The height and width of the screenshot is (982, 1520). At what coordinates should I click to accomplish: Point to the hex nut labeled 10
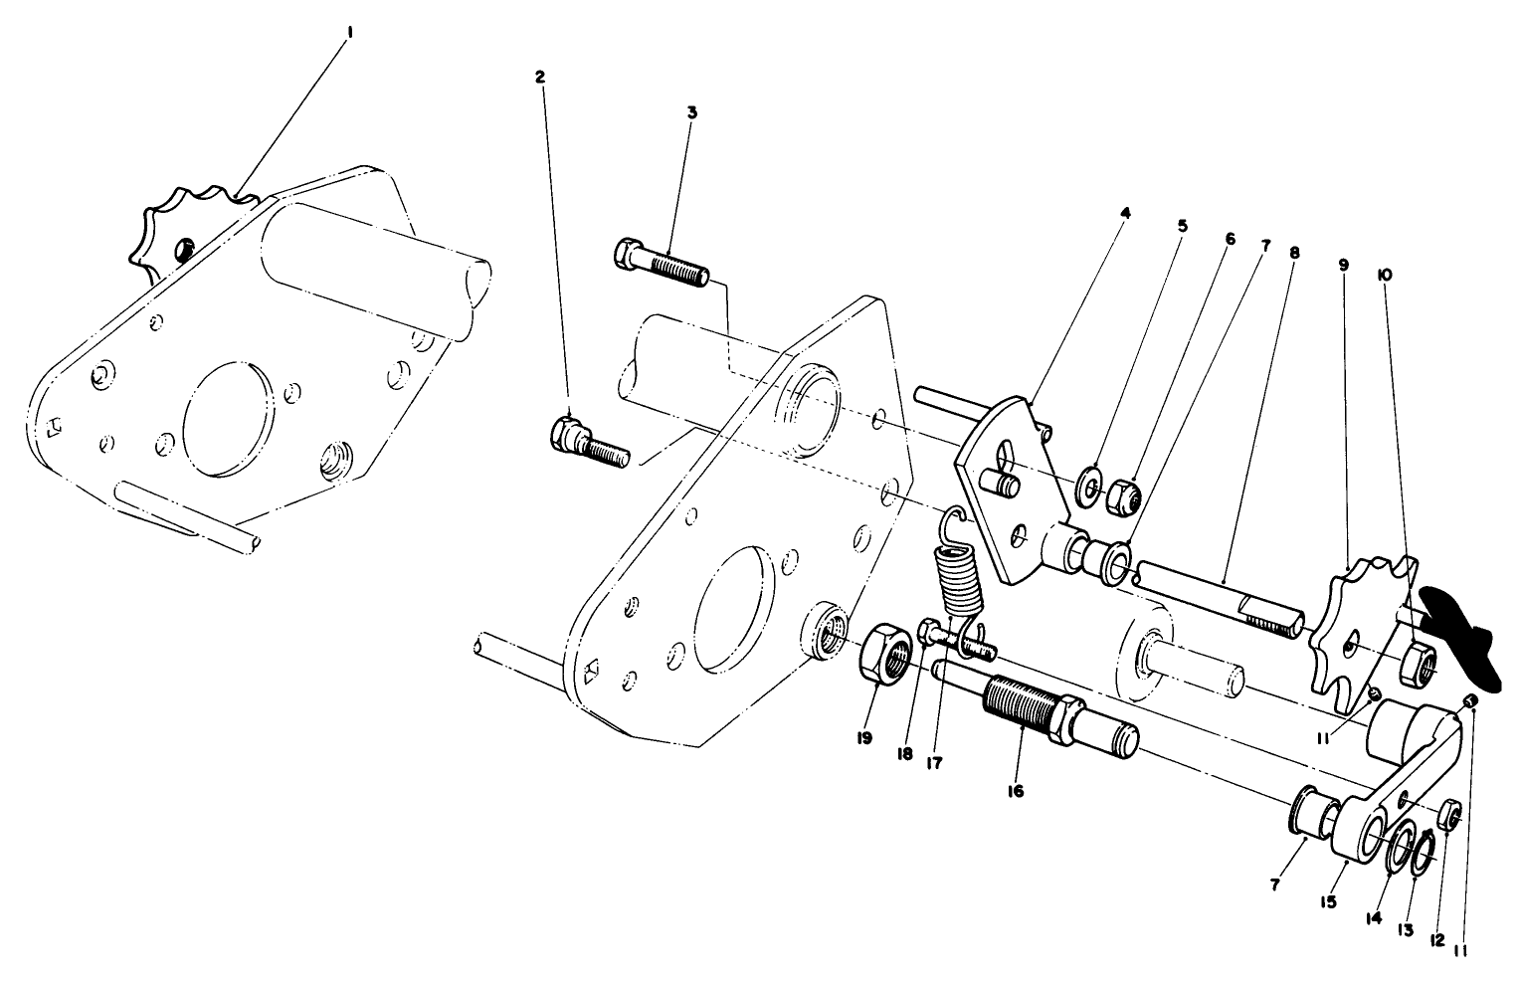(1412, 660)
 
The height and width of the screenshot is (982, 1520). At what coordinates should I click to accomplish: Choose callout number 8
(1293, 253)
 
